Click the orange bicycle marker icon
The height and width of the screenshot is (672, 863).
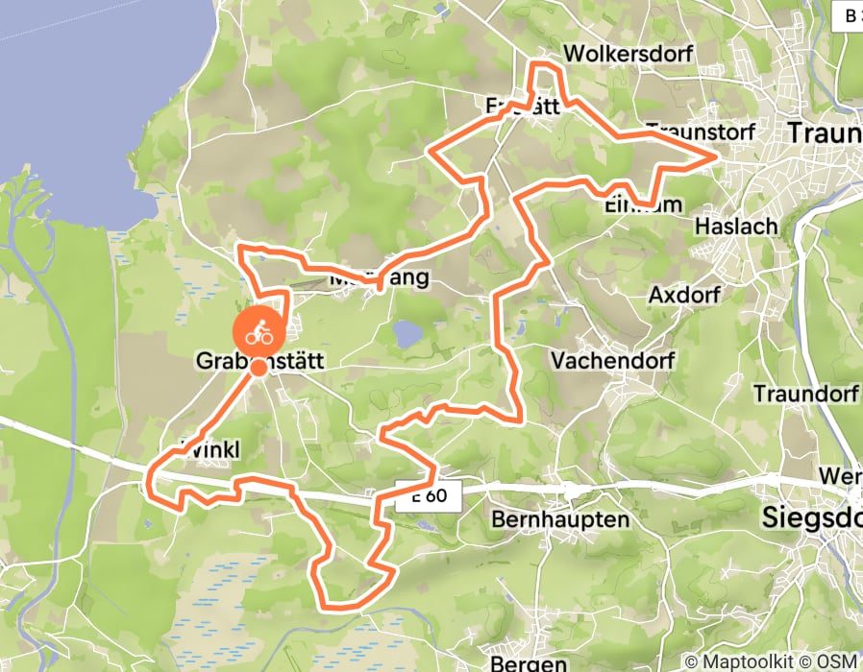point(259,333)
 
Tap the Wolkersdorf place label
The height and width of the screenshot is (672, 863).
point(628,54)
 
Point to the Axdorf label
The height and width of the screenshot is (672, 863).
point(683,294)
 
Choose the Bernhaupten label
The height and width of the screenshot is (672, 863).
point(559,519)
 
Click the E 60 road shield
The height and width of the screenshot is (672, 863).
point(430,496)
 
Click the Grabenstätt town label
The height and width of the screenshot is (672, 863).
point(261,362)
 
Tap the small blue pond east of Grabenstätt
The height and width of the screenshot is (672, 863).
point(407,334)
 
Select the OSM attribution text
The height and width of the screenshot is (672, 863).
point(838,661)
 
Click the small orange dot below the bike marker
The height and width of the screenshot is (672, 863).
point(259,367)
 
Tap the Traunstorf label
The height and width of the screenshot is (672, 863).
point(701,131)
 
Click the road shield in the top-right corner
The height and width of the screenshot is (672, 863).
point(850,15)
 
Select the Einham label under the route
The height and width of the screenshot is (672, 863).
point(643,204)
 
